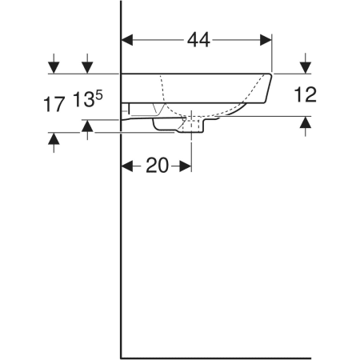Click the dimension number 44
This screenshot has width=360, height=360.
coord(198,40)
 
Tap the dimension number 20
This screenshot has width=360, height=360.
coord(158,166)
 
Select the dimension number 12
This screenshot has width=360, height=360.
coord(306,94)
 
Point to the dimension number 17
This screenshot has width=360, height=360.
coord(54,104)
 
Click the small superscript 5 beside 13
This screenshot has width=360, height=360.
coord(99,95)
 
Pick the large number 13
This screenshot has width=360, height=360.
coord(84,99)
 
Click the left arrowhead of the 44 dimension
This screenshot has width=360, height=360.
coord(127,40)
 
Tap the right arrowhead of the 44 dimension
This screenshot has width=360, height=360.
coord(266,40)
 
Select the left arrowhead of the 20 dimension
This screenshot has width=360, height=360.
coord(127,166)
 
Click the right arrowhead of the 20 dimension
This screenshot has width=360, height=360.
coord(186,166)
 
